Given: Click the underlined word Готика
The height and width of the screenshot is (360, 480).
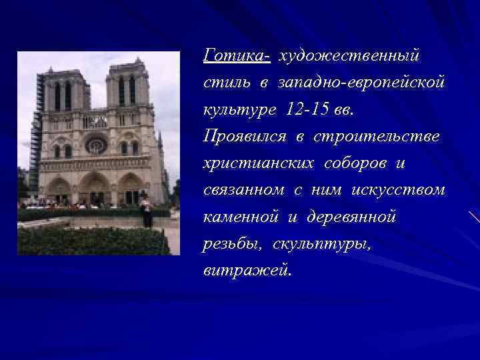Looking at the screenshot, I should tap(235, 54).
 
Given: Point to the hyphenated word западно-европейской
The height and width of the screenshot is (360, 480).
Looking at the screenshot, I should tap(361, 81).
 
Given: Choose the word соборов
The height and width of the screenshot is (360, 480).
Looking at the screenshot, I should tap(362, 163).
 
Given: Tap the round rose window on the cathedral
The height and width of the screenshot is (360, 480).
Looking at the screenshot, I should tap(96, 144).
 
